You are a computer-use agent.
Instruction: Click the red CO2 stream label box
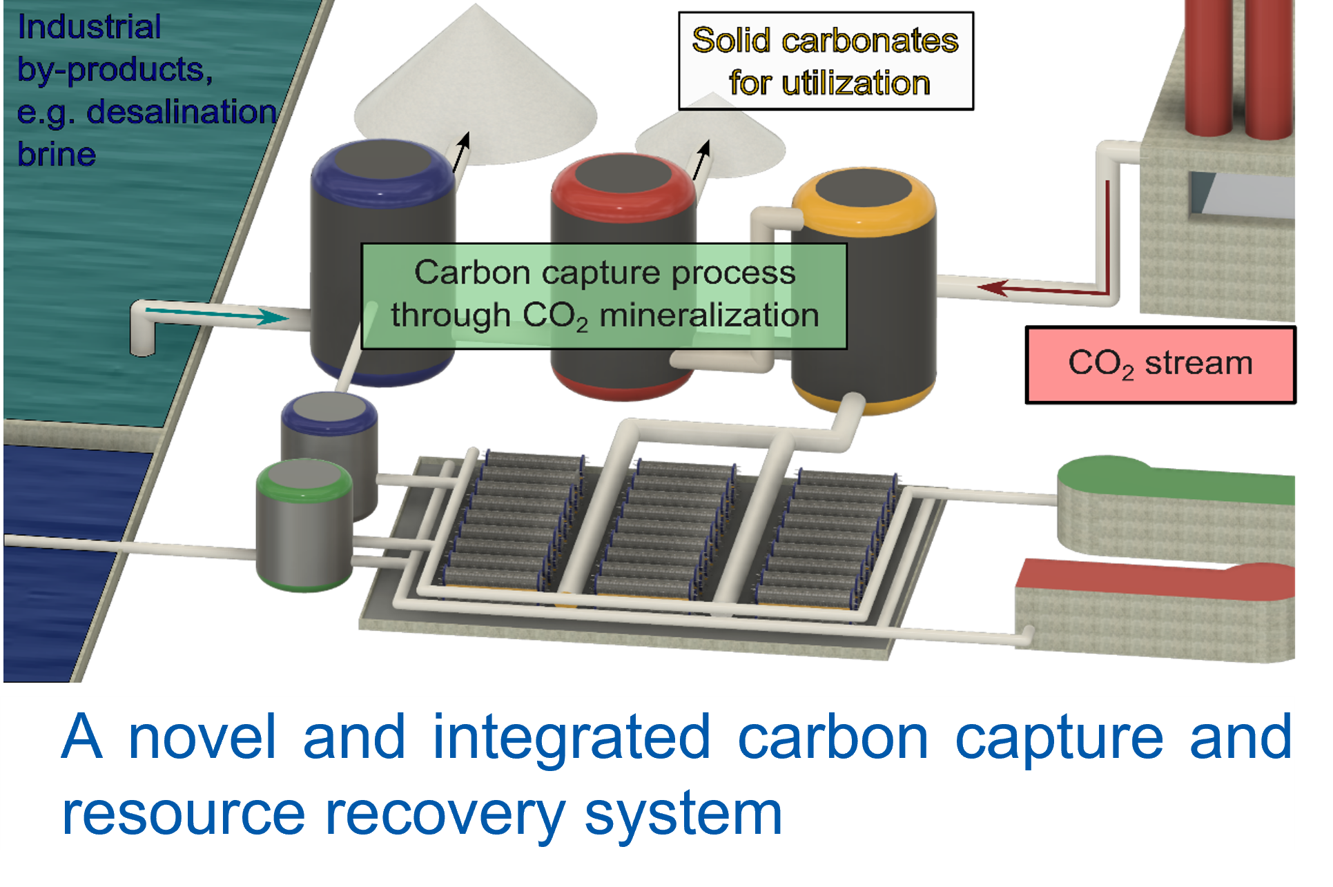[1160, 364]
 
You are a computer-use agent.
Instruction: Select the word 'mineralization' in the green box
[709, 316]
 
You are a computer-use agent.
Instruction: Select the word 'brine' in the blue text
[57, 155]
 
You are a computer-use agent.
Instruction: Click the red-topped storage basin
[1153, 607]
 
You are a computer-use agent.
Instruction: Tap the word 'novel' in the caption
[202, 737]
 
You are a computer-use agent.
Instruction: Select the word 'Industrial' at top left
[90, 28]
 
